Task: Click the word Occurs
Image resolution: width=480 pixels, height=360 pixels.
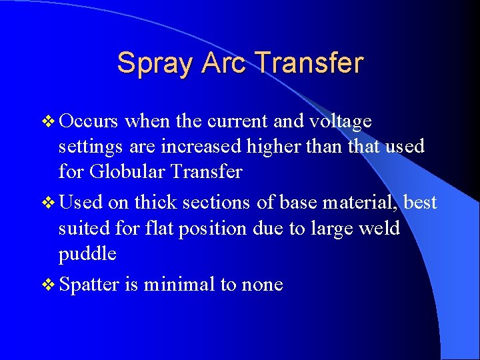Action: [89, 121]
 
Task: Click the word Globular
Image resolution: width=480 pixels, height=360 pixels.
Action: [126, 171]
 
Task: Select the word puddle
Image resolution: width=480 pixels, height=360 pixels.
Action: [87, 254]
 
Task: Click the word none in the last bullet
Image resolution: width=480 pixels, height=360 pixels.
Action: [261, 285]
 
